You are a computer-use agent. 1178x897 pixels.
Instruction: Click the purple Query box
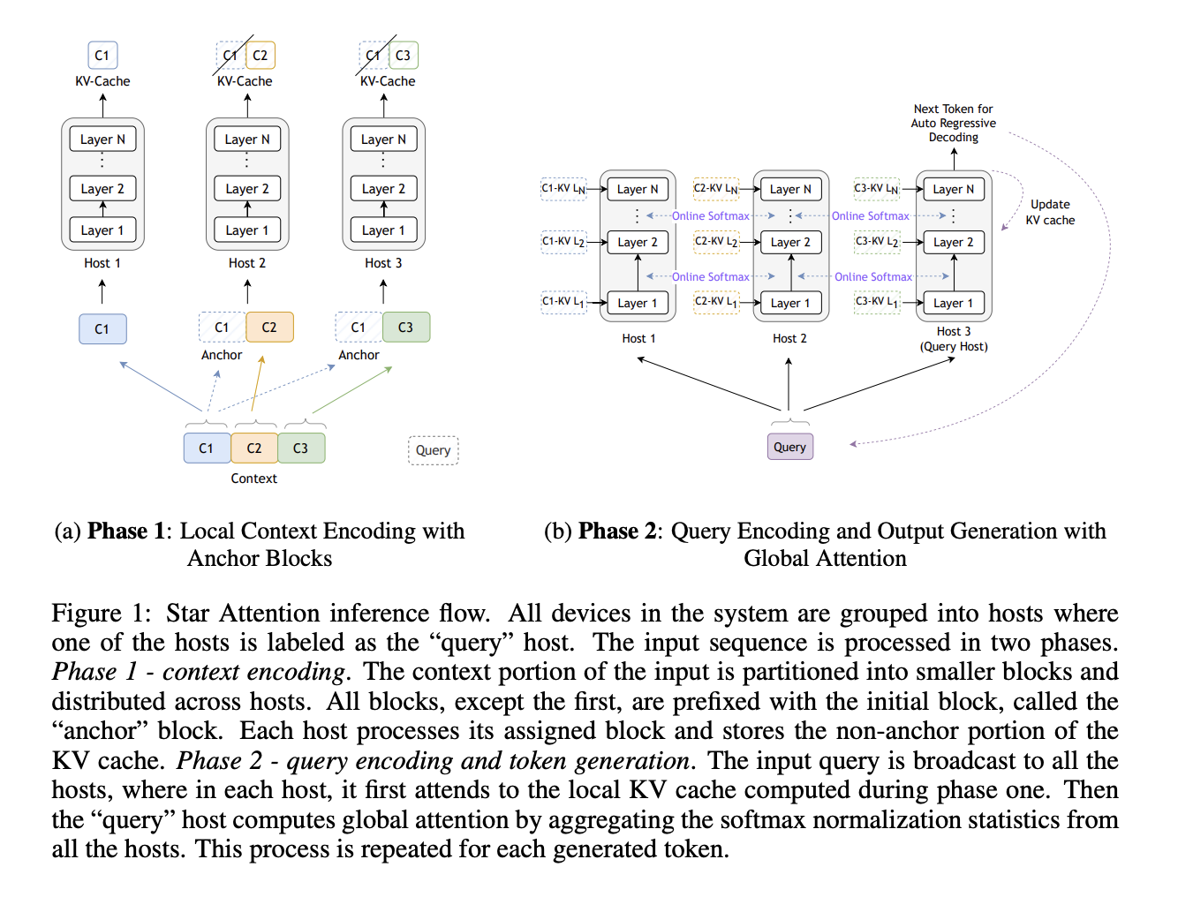(789, 447)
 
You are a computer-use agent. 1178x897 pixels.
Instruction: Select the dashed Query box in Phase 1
(433, 450)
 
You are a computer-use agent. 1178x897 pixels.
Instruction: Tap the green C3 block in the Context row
(301, 448)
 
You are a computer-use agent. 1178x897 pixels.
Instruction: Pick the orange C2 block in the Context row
(254, 448)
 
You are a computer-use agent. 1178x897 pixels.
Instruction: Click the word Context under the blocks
(253, 479)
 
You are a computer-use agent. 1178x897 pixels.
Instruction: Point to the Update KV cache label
(1050, 212)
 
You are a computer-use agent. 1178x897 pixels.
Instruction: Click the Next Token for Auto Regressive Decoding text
(953, 123)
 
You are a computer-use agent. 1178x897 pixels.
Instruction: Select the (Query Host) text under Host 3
(954, 346)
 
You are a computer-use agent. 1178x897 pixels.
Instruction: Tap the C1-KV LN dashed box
(563, 189)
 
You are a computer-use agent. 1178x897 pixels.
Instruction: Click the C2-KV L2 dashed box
(716, 241)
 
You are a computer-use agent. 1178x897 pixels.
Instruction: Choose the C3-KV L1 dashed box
(877, 302)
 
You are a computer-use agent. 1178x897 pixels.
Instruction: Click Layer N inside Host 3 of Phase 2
(953, 189)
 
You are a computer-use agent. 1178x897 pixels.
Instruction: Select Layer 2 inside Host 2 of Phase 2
(790, 242)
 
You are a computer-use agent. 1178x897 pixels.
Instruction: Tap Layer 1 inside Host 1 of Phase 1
(102, 230)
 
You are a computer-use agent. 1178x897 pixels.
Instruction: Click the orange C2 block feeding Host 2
(269, 328)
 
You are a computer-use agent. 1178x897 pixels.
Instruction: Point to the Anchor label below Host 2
(222, 355)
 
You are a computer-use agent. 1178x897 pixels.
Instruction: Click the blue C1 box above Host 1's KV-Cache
(102, 56)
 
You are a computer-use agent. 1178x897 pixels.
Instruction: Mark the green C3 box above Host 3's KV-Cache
(403, 56)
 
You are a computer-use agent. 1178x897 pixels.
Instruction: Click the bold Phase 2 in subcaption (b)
(617, 531)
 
